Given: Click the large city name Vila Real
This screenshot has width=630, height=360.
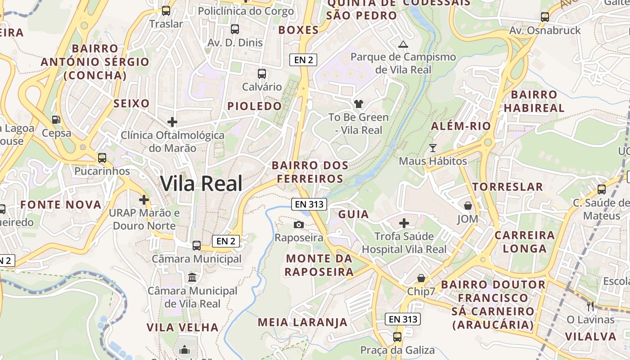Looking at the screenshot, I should pos(201,184).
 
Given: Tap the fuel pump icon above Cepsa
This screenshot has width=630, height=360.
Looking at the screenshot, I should pos(56,120).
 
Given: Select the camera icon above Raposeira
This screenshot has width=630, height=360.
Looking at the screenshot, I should pos(298,225).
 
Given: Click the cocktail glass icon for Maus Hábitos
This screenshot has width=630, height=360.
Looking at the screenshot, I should pos(433,148).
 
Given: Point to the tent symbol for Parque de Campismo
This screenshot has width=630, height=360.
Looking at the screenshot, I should pos(403,44).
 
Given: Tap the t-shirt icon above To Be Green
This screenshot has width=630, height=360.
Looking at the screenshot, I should pos(358,104).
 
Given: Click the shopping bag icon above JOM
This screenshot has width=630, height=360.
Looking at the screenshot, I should pos(468,206).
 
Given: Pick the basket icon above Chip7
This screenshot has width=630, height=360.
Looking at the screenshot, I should pos(421,278).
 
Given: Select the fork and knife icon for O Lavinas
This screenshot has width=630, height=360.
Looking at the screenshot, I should pos(590,306).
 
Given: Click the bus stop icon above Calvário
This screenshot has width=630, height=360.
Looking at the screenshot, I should pos(261,74).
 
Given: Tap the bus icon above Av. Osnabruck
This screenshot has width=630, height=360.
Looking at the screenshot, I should pos(545,17).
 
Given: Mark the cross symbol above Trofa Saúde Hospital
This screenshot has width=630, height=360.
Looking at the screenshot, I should pos(404,223).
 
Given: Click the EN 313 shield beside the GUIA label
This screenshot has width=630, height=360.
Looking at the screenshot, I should pos(309,204).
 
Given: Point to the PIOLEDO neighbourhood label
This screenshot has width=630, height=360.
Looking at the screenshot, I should pos(254,106).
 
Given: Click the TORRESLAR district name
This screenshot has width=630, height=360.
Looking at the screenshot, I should pos(508,187).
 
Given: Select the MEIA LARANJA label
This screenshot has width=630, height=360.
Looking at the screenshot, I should pos(302,322).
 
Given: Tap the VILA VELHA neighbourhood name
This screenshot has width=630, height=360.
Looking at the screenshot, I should pos(182,327).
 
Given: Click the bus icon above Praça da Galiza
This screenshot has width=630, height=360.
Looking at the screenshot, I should pos(397,337).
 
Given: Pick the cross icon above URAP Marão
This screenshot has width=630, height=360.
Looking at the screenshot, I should pos(144,199).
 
